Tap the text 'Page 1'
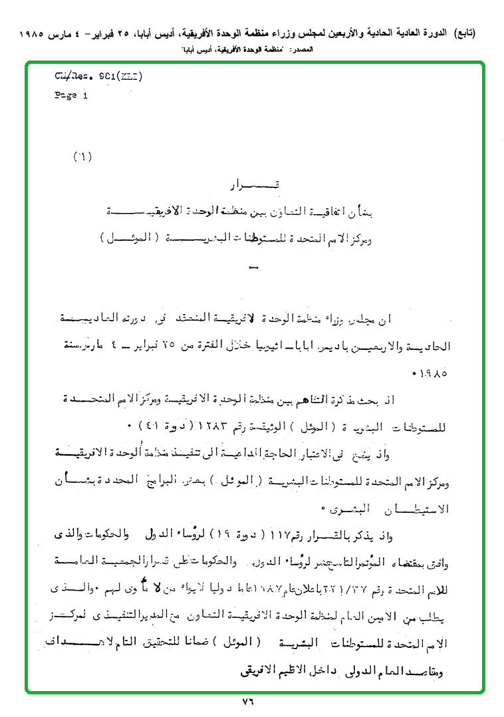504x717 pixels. click(70, 95)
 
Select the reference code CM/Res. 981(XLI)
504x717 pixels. click(98, 75)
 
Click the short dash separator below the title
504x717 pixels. click(251, 267)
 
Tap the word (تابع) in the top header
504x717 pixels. click(464, 33)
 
